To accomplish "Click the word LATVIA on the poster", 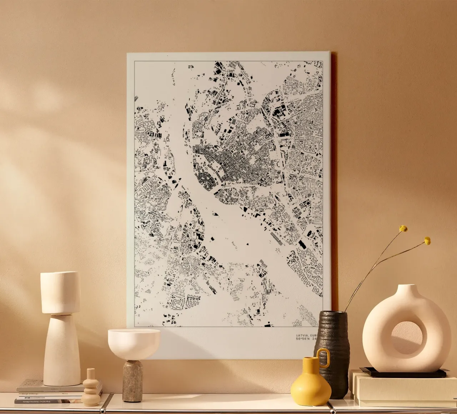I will (302, 335).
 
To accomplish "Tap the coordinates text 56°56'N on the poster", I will (303, 339).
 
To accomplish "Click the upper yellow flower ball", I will (403, 228).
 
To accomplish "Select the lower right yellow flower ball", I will (427, 241).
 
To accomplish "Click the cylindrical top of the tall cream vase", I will (60, 293).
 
